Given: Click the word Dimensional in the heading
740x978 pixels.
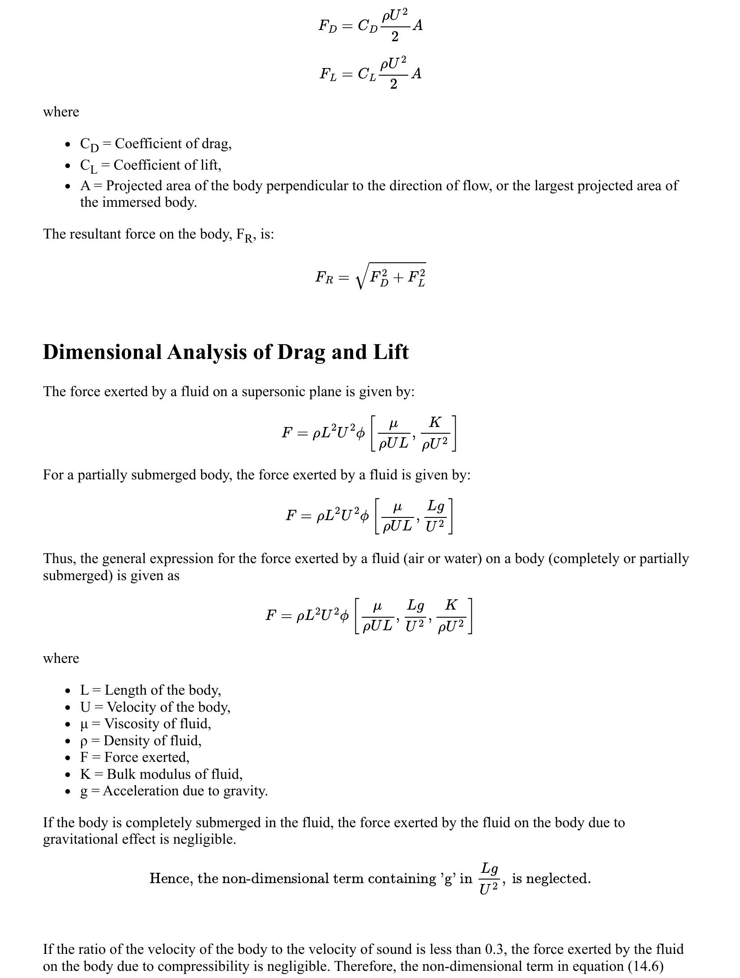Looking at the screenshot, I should [x=102, y=352].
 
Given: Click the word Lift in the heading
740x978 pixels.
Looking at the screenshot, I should [x=390, y=352].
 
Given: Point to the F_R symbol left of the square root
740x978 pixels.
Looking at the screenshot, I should [x=324, y=278].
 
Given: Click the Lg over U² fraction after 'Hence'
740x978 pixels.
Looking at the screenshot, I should [x=489, y=878].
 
